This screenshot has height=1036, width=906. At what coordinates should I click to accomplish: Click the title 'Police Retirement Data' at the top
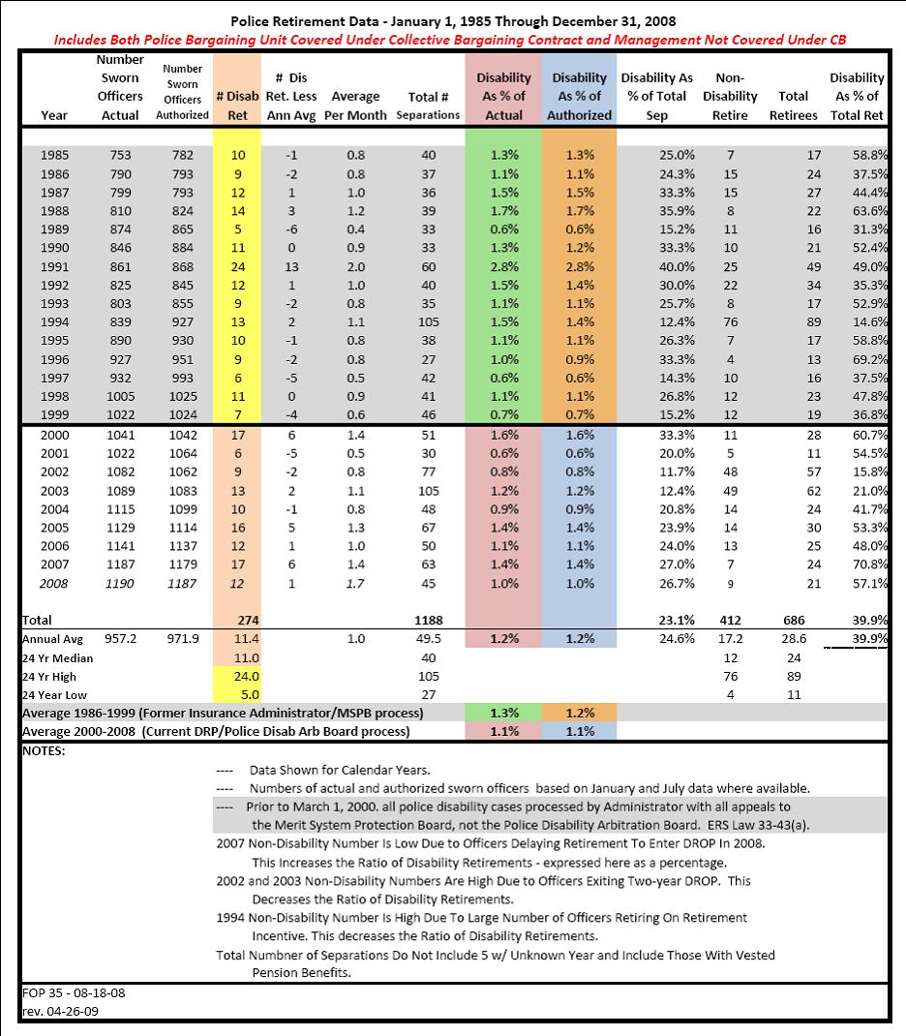[x=452, y=19]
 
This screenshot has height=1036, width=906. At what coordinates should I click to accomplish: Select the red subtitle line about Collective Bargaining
[x=452, y=41]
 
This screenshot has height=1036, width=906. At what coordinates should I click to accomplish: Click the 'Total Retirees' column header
[x=786, y=106]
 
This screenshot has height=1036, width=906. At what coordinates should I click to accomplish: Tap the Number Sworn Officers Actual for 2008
[x=120, y=583]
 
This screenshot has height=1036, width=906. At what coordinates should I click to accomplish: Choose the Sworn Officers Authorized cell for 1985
[x=182, y=155]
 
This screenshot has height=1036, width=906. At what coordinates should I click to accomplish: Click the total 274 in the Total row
[x=238, y=620]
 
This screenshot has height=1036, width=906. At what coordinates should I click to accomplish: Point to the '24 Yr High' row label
[x=48, y=676]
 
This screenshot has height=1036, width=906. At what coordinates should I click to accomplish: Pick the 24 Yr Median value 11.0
[x=238, y=657]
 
